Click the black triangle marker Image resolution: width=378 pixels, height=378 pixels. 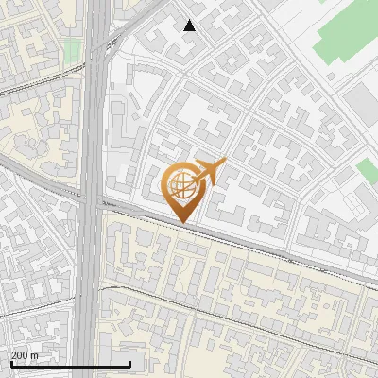pos(190,26)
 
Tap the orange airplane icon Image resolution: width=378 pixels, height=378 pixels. pos(210,173)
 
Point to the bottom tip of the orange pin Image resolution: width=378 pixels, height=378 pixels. pos(180,223)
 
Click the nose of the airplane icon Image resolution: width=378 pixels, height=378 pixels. pos(224,163)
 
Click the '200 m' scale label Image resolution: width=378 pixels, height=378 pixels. pos(25,355)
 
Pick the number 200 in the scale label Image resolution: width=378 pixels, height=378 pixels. pos(20,355)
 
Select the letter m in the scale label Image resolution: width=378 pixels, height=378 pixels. pos(34,355)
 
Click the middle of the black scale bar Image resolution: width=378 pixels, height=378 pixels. pos(70,364)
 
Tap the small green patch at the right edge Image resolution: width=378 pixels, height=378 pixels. pos(369,171)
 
